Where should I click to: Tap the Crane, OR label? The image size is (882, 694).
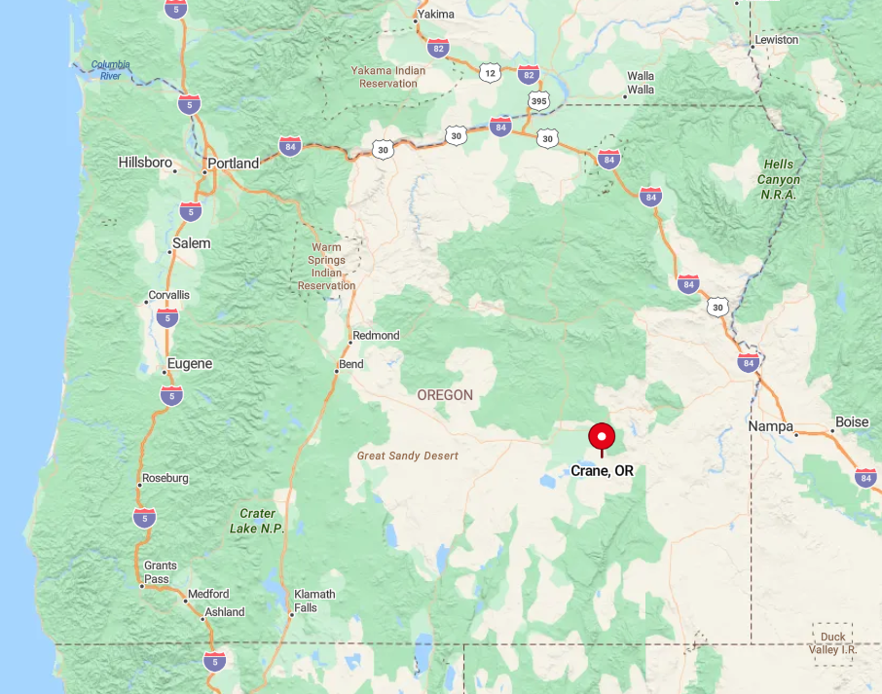[602, 471]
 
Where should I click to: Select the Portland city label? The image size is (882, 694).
[234, 164]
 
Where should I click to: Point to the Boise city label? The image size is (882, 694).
[852, 422]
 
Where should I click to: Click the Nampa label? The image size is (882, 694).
[770, 426]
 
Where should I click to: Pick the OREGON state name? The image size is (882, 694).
[445, 395]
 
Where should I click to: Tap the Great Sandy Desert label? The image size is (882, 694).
[407, 456]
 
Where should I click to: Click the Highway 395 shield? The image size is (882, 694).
[538, 100]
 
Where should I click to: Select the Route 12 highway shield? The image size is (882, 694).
[489, 72]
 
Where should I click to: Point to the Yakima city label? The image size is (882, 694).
[435, 15]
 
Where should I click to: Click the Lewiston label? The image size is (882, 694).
[776, 40]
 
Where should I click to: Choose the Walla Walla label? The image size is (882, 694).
[641, 83]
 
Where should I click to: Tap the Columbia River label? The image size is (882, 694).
[110, 70]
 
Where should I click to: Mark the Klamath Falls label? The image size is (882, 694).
[313, 601]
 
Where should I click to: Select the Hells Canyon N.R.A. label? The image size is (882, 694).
[779, 179]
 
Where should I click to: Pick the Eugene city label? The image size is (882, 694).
[189, 364]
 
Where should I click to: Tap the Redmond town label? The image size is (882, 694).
[376, 335]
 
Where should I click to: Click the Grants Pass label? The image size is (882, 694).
[161, 572]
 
